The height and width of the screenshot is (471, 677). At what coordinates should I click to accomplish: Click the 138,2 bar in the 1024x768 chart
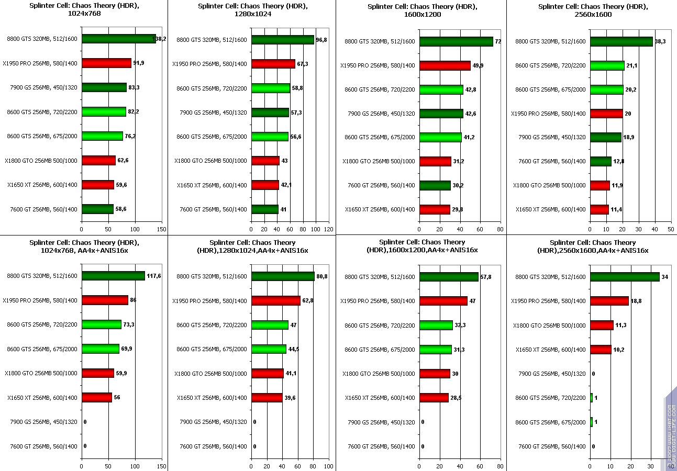pyautogui.click(x=119, y=39)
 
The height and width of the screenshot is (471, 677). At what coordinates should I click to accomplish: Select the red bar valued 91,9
pyautogui.click(x=106, y=63)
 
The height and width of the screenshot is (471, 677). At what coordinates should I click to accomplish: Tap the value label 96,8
pyautogui.click(x=321, y=40)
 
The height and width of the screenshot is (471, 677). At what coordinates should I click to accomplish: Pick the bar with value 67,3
pyautogui.click(x=273, y=64)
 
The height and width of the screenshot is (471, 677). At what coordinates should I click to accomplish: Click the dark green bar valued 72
pyautogui.click(x=456, y=41)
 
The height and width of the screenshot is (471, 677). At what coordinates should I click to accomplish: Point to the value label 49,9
pyautogui.click(x=478, y=66)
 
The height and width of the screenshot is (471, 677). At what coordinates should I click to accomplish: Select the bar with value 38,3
pyautogui.click(x=621, y=41)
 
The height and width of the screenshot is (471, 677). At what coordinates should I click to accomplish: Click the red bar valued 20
pyautogui.click(x=606, y=114)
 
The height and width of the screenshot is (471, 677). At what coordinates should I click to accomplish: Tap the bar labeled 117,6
pyautogui.click(x=113, y=276)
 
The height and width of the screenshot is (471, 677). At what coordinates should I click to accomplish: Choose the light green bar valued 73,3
pyautogui.click(x=102, y=324)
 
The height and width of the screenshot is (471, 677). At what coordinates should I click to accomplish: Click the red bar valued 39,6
pyautogui.click(x=267, y=398)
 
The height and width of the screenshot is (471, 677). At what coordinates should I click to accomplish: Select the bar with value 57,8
pyautogui.click(x=449, y=277)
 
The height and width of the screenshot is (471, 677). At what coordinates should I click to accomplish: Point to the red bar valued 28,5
pyautogui.click(x=434, y=398)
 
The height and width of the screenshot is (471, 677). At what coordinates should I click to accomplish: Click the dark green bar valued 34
pyautogui.click(x=625, y=277)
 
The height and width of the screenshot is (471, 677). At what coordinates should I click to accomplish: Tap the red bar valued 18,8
pyautogui.click(x=609, y=301)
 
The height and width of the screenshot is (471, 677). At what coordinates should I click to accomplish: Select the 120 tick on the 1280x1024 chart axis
pyautogui.click(x=328, y=229)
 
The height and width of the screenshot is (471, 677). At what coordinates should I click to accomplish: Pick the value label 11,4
pyautogui.click(x=617, y=210)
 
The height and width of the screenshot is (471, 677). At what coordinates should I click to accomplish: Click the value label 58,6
pyautogui.click(x=121, y=209)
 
